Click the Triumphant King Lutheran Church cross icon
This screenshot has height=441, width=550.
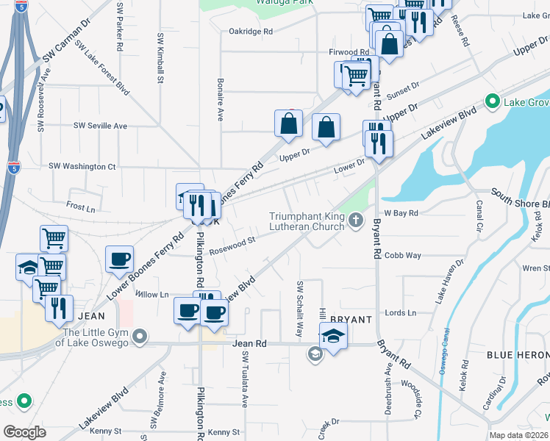coord(356,219)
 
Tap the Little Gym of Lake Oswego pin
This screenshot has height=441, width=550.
coord(141,337)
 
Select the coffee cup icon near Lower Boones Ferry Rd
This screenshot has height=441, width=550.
coord(120,259)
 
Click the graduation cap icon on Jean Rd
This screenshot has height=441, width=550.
coord(334,337)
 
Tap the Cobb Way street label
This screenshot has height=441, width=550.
coord(404,256)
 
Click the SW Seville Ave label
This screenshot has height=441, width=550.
coord(100,126)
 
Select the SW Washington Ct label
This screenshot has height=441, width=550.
coord(82,167)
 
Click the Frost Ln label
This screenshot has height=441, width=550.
coord(81,208)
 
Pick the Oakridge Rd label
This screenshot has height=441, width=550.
coord(251,32)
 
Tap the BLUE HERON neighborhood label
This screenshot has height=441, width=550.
coord(518,355)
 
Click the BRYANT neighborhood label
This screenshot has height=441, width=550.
coord(349,320)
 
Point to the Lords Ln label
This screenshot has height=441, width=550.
coord(400,312)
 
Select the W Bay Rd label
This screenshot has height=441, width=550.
coord(401,213)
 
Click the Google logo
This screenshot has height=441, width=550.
coord(24,432)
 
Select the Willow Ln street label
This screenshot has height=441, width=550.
coord(152,294)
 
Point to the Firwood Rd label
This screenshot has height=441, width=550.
coord(349,52)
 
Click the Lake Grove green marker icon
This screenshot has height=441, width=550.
coord(492,101)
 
